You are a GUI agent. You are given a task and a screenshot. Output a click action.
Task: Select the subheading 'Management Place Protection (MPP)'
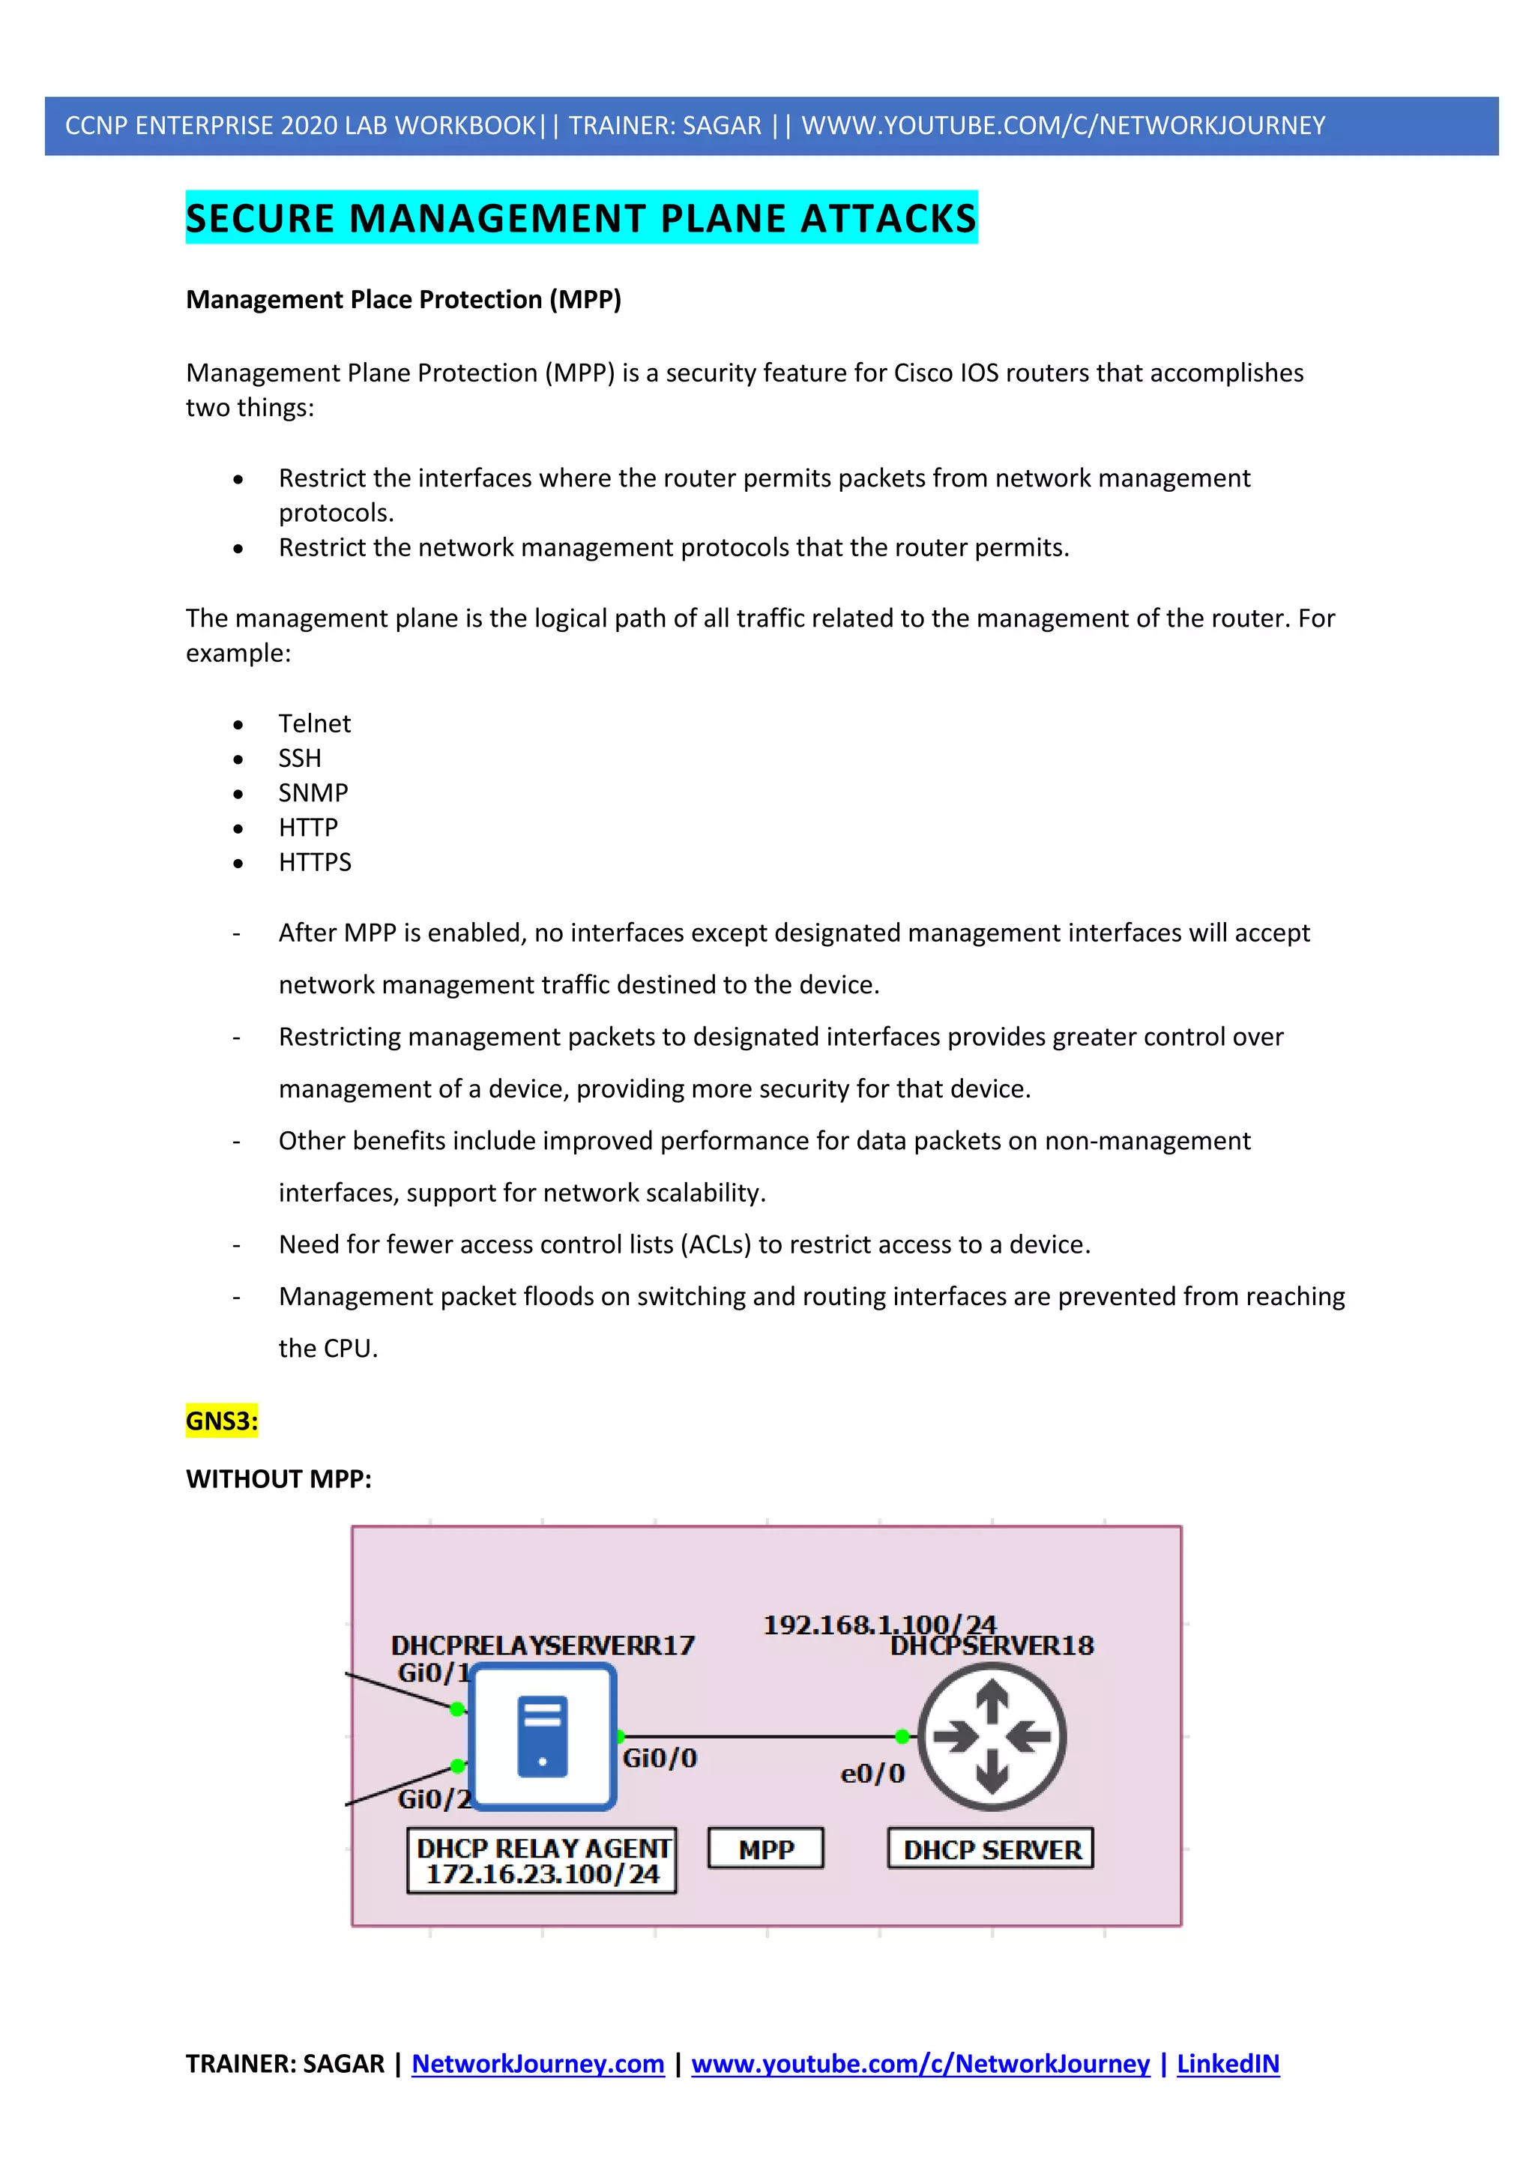click(403, 300)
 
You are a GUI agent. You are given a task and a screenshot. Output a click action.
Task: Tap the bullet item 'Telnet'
click(314, 723)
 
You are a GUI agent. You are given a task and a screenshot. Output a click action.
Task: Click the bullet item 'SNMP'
click(313, 792)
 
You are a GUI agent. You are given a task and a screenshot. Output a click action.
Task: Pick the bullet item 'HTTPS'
click(315, 862)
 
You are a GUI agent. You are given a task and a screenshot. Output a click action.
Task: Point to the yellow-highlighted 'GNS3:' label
click(221, 1421)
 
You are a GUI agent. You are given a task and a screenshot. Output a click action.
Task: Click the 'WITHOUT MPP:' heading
click(279, 1479)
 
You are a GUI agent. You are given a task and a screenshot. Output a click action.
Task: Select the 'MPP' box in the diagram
click(765, 1849)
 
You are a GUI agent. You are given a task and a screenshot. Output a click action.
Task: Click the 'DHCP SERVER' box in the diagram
click(991, 1849)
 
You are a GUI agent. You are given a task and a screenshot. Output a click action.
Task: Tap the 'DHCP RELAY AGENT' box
click(542, 1860)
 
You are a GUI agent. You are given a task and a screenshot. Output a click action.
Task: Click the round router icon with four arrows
click(992, 1736)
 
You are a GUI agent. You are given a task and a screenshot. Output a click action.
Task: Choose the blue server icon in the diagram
click(543, 1737)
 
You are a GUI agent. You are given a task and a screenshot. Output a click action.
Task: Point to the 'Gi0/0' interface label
click(659, 1758)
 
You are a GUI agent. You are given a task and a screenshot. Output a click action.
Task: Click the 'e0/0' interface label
click(872, 1773)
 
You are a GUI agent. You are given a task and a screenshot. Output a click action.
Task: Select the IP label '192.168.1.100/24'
click(879, 1625)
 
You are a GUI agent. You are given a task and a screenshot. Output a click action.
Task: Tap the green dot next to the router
click(902, 1736)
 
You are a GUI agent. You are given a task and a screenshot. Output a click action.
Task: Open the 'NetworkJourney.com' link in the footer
click(538, 2063)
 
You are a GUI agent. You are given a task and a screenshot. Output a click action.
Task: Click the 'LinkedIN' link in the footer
click(1227, 2063)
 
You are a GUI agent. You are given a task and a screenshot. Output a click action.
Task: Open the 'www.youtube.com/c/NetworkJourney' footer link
click(920, 2063)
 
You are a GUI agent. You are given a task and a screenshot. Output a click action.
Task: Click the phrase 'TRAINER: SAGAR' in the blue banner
click(665, 126)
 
